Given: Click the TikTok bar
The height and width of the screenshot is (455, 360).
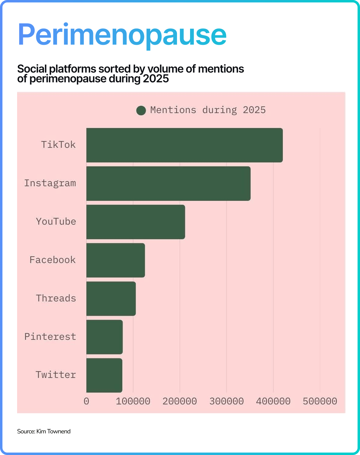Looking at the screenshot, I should tap(184, 145).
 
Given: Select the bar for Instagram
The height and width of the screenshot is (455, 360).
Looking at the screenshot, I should tap(168, 183).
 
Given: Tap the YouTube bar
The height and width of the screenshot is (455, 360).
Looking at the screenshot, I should tap(135, 222).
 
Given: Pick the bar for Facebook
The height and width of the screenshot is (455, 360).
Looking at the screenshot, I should tap(116, 260).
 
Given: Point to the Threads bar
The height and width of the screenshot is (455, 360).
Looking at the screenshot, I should tap(111, 299).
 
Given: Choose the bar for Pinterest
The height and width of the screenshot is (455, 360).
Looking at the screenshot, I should tap(104, 337).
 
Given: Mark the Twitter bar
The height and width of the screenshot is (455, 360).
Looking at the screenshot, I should tap(104, 375).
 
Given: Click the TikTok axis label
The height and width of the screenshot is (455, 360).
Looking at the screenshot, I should tap(58, 144).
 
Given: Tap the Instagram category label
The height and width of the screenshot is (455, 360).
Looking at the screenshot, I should tap(50, 183).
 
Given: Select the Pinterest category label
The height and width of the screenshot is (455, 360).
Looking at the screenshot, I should tap(50, 336).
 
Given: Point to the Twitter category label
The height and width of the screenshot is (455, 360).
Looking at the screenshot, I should tap(56, 375).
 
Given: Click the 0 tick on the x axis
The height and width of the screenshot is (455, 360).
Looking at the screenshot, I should tap(86, 401).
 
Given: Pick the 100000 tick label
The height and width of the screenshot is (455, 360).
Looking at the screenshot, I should tap(133, 401).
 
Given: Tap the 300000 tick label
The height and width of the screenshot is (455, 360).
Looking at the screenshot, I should tap(226, 401).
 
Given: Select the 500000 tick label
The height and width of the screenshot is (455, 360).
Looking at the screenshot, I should tap(320, 401).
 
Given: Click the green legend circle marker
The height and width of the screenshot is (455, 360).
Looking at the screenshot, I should tap(141, 110).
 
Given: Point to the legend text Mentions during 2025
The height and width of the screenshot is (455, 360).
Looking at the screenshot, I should tap(208, 110).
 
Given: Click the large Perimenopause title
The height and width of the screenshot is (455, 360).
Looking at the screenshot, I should tap(122, 34).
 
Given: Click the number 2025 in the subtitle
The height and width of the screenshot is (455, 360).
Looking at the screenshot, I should tap(156, 79).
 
